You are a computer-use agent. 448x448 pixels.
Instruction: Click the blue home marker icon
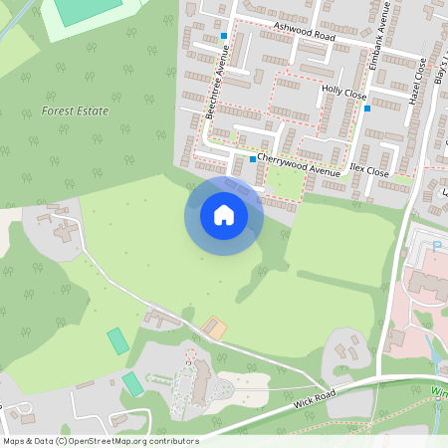click(224, 215)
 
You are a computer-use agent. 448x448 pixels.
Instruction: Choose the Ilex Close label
click(369, 170)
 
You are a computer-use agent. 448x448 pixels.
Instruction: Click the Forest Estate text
click(75, 112)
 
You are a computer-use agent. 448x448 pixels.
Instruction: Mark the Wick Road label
click(316, 399)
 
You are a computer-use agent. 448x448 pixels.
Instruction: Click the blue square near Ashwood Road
click(224, 36)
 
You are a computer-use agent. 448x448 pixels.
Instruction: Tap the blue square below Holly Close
click(367, 108)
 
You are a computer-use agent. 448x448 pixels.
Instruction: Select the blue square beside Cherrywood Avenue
click(252, 159)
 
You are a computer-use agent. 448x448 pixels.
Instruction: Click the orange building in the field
click(215, 327)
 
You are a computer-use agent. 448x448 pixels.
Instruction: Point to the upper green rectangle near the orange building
click(118, 340)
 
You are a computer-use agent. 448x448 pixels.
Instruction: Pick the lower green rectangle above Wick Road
click(132, 383)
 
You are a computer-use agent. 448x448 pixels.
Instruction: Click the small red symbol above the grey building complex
click(189, 351)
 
